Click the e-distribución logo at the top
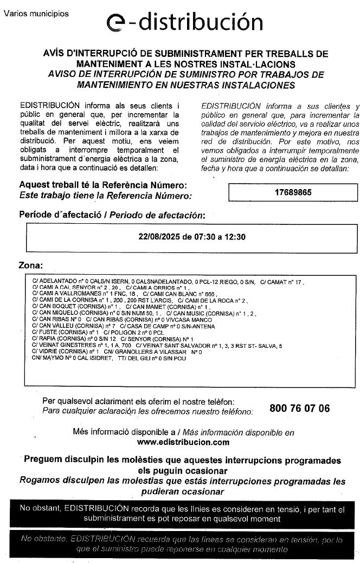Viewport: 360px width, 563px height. pos(184,22)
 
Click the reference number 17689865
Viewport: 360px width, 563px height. pos(293,192)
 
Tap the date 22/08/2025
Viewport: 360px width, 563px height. pos(158,237)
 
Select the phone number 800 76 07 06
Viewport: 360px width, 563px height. pos(299,409)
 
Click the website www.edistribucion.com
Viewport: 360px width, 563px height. pos(183,442)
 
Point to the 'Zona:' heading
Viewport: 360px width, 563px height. pos(31,267)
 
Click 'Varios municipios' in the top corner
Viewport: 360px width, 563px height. pos(36,14)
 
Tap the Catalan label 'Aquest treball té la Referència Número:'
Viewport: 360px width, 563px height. pos(104,186)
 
